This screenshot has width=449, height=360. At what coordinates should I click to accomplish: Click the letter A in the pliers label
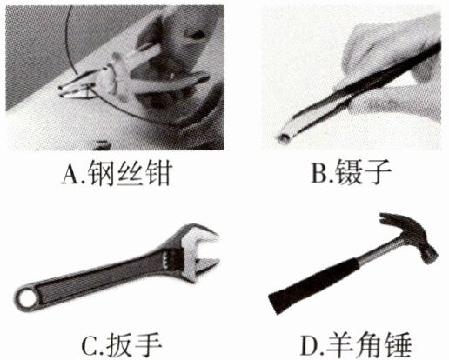coord(70,174)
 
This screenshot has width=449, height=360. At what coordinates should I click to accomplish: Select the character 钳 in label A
coord(158,173)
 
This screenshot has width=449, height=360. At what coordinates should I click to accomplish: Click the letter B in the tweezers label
coord(319,173)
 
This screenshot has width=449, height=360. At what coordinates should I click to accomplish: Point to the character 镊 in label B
coord(348,172)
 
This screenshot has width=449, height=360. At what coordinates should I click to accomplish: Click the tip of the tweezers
coord(283,139)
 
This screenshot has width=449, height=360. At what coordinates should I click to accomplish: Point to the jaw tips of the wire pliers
coord(63,90)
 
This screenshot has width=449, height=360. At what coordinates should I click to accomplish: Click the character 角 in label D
coord(369,345)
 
